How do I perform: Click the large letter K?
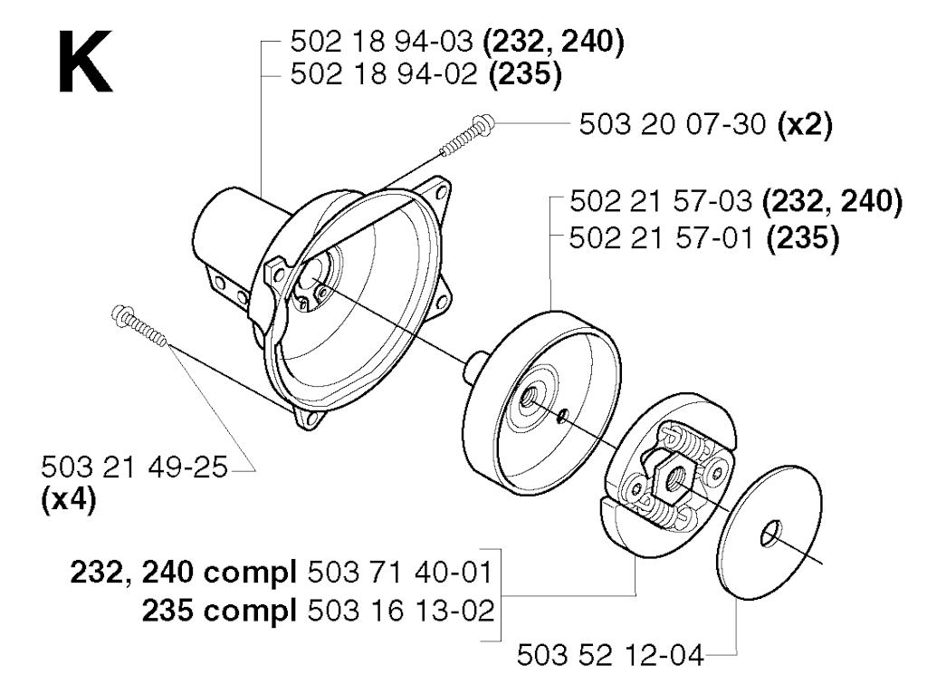[x=85, y=63]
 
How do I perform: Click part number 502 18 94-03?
[x=382, y=42]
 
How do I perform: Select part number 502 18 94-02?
[x=384, y=74]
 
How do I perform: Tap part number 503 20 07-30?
[x=673, y=125]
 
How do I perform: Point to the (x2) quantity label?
[x=805, y=125]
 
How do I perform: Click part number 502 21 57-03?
[x=661, y=202]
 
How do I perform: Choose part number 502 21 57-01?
[x=661, y=239]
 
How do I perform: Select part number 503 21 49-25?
[x=134, y=467]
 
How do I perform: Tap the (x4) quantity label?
[x=69, y=500]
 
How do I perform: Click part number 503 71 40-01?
[x=400, y=573]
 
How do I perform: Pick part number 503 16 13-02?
[x=401, y=610]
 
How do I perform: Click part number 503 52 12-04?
[x=610, y=655]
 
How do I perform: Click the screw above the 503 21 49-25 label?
[x=139, y=325]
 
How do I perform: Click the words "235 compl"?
[x=219, y=610]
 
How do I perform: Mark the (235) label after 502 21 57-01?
[x=802, y=239]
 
